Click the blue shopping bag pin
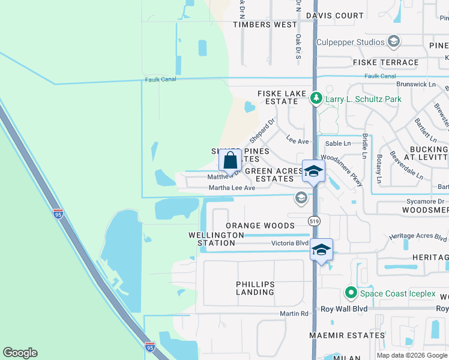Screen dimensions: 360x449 click(231, 161)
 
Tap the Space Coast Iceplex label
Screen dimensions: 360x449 click(397, 293)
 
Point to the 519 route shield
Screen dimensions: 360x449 click(315, 221)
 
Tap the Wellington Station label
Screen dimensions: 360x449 click(216, 239)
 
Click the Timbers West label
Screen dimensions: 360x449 click(265, 25)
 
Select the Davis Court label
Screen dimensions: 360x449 click(335, 16)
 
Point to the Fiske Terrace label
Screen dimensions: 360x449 click(386, 62)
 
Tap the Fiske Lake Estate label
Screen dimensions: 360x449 click(278, 98)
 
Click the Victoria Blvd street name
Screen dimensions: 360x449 click(290, 244)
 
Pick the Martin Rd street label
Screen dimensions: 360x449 click(294, 314)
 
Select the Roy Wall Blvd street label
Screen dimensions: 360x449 click(343, 309)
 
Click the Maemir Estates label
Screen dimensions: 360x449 click(347, 335)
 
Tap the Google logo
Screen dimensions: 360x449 click(20, 353)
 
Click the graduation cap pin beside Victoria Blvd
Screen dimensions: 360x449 click(321, 249)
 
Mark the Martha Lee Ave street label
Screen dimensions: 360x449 click(232, 188)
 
